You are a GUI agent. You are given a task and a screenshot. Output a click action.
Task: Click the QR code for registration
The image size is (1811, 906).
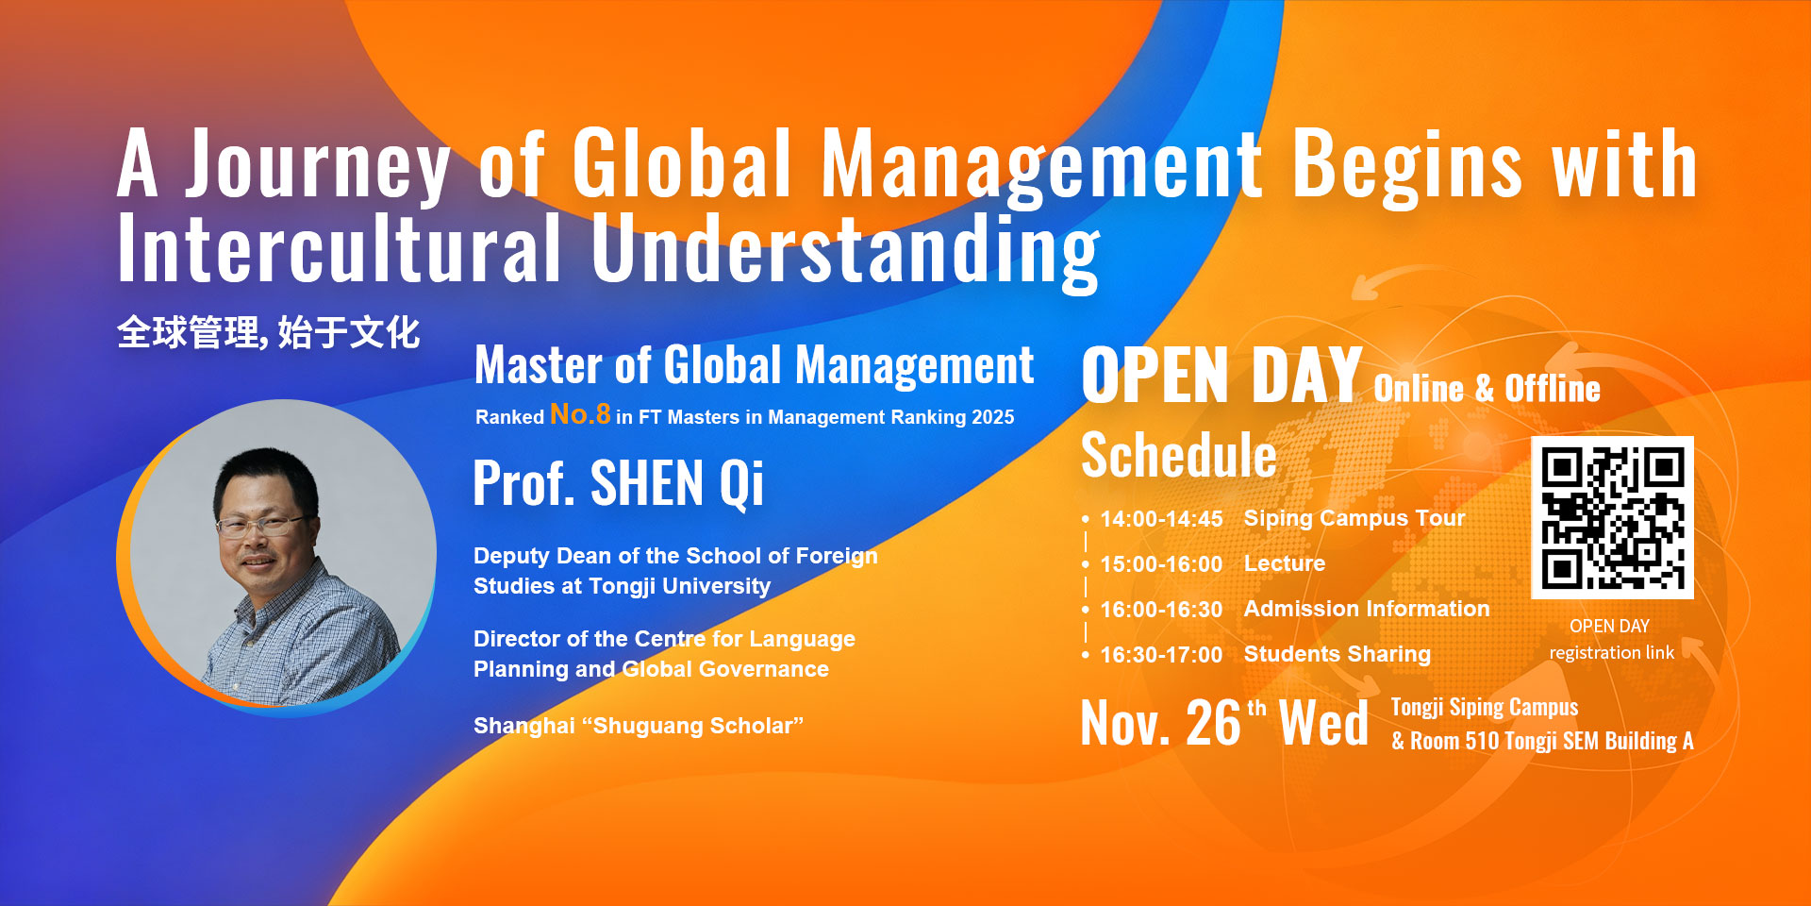point(1612,517)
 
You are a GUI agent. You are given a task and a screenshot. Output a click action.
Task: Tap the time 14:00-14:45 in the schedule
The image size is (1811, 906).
point(1161,519)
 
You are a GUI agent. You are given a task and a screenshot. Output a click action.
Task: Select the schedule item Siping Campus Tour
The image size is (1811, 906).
point(1354,518)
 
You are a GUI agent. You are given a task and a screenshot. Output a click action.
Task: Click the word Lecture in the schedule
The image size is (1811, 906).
point(1285,563)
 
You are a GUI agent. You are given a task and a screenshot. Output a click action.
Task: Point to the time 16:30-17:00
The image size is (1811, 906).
point(1161,655)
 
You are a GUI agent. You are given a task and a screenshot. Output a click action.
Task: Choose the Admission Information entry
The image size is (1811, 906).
point(1367,609)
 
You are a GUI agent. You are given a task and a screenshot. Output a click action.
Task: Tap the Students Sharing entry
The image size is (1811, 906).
point(1337,654)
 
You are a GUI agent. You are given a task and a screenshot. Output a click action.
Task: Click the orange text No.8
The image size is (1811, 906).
point(580,414)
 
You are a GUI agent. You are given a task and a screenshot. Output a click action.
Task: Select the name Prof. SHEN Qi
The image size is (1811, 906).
point(618,483)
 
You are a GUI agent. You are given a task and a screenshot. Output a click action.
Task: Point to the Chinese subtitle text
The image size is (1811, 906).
point(269,333)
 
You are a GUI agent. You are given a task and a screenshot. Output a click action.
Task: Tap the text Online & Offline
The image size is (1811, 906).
point(1487,389)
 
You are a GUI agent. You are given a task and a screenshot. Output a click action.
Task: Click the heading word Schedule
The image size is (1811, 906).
point(1178,456)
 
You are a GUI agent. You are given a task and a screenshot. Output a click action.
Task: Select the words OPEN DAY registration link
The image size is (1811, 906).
point(1611,639)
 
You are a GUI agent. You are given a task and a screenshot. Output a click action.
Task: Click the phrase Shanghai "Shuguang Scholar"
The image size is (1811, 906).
point(639,726)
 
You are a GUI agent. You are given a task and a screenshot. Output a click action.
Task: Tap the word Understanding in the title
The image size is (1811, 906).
point(845,250)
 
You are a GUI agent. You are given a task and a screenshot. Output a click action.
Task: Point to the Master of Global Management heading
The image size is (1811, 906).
point(754,365)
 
